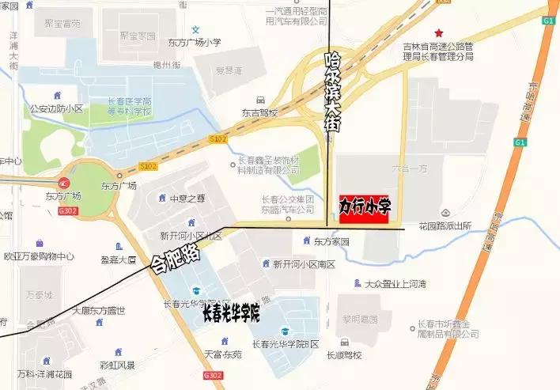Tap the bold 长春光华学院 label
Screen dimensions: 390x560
pyautogui.click(x=231, y=314)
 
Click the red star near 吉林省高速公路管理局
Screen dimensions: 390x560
pyautogui.click(x=437, y=30)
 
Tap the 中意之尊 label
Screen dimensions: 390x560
pyautogui.click(x=187, y=198)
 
